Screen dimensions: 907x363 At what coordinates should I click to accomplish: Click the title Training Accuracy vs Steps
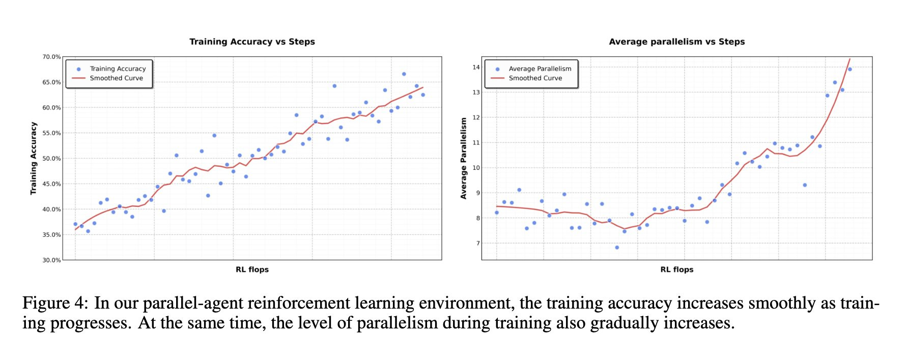pyautogui.click(x=252, y=42)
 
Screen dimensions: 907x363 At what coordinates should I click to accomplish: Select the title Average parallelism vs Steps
pyautogui.click(x=676, y=42)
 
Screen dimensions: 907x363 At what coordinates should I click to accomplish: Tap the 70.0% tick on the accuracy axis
pyautogui.click(x=51, y=57)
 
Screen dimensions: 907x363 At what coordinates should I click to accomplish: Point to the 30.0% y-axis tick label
pyautogui.click(x=51, y=260)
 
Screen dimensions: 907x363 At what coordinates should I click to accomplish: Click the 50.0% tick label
pyautogui.click(x=51, y=159)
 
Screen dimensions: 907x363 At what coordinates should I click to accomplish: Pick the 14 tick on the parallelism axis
pyautogui.click(x=476, y=67)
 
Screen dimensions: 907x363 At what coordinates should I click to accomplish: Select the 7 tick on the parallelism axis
pyautogui.click(x=478, y=244)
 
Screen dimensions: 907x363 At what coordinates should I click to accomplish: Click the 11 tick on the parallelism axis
pyautogui.click(x=476, y=143)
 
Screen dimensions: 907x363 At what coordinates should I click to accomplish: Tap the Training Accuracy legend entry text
pyautogui.click(x=118, y=69)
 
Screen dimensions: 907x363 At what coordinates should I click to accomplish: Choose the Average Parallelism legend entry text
pyautogui.click(x=540, y=69)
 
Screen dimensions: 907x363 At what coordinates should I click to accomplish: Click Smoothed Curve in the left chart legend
pyautogui.click(x=116, y=78)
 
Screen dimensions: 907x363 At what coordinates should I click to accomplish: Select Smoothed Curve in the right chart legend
pyautogui.click(x=535, y=78)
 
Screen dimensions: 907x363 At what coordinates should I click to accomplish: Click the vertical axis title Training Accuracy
pyautogui.click(x=34, y=158)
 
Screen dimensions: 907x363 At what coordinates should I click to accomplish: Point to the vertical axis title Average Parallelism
pyautogui.click(x=463, y=158)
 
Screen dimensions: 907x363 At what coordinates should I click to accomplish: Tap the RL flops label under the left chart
pyautogui.click(x=252, y=269)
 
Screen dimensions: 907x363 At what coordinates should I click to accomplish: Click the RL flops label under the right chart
pyautogui.click(x=676, y=269)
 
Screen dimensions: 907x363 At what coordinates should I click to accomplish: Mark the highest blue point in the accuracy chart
pyautogui.click(x=404, y=74)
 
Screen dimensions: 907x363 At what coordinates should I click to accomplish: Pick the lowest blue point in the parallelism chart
pyautogui.click(x=617, y=248)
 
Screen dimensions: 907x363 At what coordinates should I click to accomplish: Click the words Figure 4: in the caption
pyautogui.click(x=55, y=303)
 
